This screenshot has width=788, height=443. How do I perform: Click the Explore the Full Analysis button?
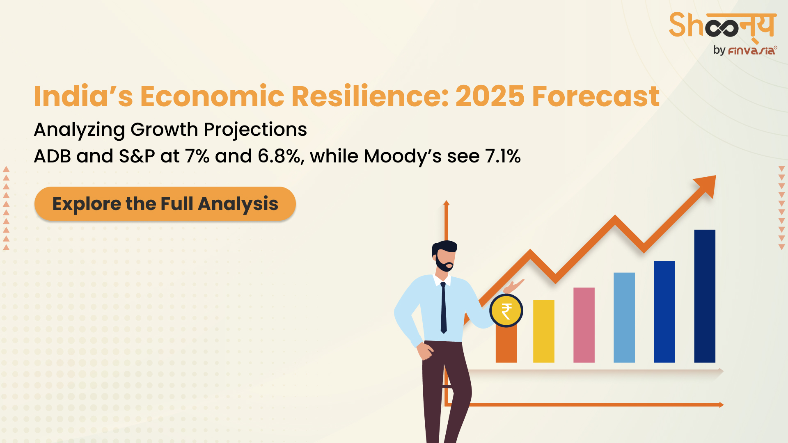pos(165,204)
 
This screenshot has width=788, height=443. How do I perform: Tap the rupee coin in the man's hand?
pos(506,311)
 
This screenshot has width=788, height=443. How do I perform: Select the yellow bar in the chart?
pos(543,331)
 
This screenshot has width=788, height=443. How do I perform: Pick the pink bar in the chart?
pos(584,325)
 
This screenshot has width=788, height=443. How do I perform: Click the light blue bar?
pos(624,317)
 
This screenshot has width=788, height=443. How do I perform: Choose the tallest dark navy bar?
pos(704,296)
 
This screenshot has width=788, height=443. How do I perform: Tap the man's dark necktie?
pos(443,307)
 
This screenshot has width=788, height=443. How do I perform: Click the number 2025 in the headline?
pos(490,96)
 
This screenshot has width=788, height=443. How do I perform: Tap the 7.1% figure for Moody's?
pos(503,156)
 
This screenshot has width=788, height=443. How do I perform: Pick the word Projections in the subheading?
pos(255,130)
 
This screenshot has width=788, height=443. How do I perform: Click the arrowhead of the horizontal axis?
pos(721,405)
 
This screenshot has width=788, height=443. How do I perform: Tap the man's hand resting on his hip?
pos(425,351)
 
